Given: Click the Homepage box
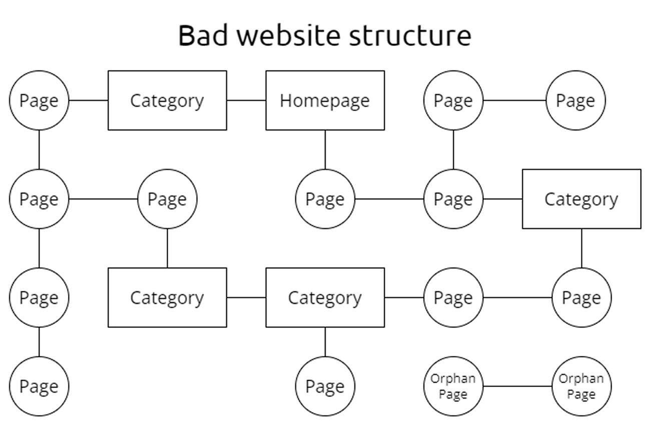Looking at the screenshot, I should coord(325,100).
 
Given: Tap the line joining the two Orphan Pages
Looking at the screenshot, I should coord(517,386).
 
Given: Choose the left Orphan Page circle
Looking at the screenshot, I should coord(453,386).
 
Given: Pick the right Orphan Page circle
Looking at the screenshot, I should coord(581,386).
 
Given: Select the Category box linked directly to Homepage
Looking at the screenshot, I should coord(167,100).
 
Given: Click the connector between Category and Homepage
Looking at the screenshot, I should coord(246,100).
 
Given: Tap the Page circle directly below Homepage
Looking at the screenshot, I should coord(325,199).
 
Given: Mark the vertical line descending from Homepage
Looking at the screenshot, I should coord(325,149).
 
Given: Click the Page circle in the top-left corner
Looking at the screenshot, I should coord(39,100).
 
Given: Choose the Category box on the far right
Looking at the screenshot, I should coord(581,199).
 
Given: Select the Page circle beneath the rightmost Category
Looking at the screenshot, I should coord(581,297).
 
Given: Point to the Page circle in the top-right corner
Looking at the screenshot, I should coord(575,100).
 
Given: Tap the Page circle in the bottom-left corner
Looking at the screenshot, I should coord(39,386).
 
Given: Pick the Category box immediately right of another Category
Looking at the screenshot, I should coord(325,297).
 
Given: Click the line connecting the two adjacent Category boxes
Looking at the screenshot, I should coord(246,297).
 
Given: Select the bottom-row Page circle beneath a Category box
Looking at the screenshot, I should coord(325,386).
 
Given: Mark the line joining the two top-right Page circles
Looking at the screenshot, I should coord(514,100).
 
